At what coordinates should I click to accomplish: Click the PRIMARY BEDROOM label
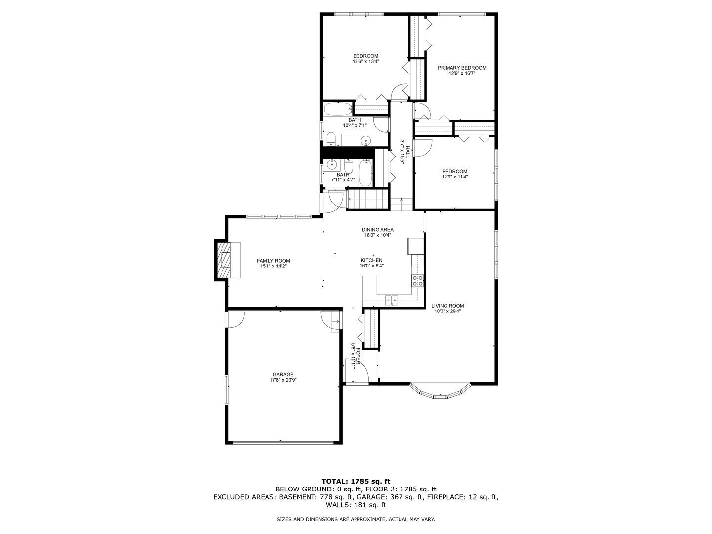click(461, 68)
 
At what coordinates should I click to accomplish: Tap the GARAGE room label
click(283, 374)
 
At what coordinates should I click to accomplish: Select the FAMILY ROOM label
click(273, 261)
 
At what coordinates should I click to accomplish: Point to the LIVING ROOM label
click(447, 306)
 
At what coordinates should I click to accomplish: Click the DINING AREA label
click(377, 230)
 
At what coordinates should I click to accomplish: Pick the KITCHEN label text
click(371, 260)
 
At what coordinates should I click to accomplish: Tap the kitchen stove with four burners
click(417, 281)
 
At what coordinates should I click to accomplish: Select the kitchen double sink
click(392, 299)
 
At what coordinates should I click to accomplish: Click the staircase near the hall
click(366, 202)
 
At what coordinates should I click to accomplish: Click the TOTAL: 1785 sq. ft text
click(356, 481)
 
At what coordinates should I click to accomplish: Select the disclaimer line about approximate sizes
click(356, 519)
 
